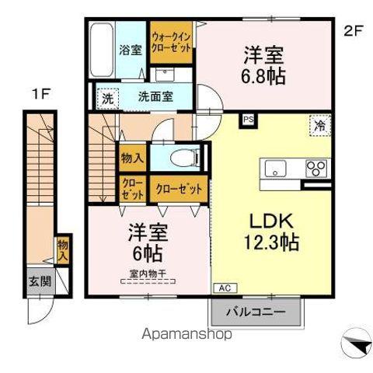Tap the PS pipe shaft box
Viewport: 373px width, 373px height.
click(248, 120)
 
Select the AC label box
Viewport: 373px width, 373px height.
click(222, 286)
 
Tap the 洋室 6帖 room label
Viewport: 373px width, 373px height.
click(143, 240)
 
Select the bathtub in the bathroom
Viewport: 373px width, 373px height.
click(102, 50)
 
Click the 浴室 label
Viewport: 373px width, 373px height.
click(131, 51)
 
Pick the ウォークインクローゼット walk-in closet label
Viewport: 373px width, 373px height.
click(171, 41)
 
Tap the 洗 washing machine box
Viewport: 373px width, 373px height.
click(107, 99)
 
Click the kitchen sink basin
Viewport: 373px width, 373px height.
click(277, 169)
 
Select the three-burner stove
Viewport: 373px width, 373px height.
click(315, 169)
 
